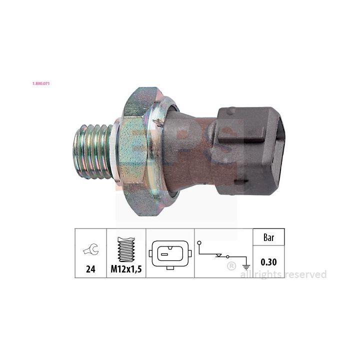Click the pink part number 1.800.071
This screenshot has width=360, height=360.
point(41,83)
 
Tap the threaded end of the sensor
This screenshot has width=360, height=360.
point(93,151)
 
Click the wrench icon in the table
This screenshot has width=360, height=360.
point(90,249)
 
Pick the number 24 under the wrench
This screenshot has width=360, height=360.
point(90,269)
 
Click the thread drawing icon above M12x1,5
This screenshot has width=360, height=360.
point(126,249)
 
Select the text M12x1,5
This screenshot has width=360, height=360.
point(126,269)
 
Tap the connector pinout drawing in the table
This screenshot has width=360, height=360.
point(170,254)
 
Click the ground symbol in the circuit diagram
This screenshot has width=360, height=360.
point(246,267)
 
